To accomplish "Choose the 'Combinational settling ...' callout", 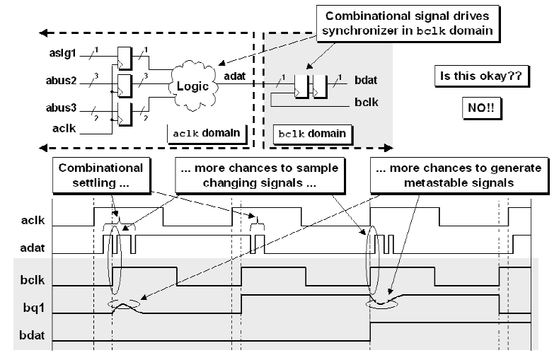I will [x=100, y=175].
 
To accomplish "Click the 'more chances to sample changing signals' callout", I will [x=260, y=175].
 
